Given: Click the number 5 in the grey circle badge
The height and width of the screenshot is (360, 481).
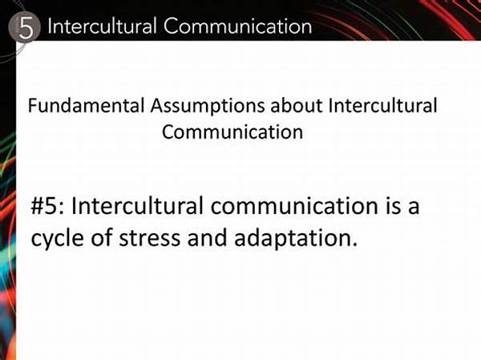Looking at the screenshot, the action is pyautogui.click(x=26, y=28).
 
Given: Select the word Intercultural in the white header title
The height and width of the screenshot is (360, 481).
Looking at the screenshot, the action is pyautogui.click(x=102, y=26).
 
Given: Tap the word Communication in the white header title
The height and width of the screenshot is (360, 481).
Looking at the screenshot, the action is pyautogui.click(x=238, y=26).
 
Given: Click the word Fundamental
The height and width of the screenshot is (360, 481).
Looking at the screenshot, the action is pyautogui.click(x=86, y=106).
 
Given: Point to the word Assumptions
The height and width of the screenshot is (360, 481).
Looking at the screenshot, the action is pyautogui.click(x=207, y=107).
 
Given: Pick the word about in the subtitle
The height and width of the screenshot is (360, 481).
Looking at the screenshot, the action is pyautogui.click(x=297, y=106).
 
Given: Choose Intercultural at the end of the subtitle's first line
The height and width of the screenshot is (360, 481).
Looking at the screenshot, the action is pyautogui.click(x=382, y=106).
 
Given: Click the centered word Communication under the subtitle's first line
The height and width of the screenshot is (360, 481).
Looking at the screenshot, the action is pyautogui.click(x=232, y=132).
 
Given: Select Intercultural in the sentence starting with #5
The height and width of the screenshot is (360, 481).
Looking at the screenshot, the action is pyautogui.click(x=137, y=205).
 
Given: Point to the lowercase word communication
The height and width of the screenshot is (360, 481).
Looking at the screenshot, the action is pyautogui.click(x=294, y=205).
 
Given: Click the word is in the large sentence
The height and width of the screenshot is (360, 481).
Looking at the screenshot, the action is pyautogui.click(x=393, y=205).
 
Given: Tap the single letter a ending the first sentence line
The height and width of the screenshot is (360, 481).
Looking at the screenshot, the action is pyautogui.click(x=414, y=208).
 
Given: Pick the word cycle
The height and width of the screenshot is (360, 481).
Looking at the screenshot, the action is pyautogui.click(x=58, y=239).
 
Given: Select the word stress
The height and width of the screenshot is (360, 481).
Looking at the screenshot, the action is pyautogui.click(x=150, y=239).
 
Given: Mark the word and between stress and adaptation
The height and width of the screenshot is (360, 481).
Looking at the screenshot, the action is pyautogui.click(x=208, y=237).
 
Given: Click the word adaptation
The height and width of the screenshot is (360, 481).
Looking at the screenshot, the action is pyautogui.click(x=292, y=238).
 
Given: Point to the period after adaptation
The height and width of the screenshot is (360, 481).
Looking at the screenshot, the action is pyautogui.click(x=354, y=244).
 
